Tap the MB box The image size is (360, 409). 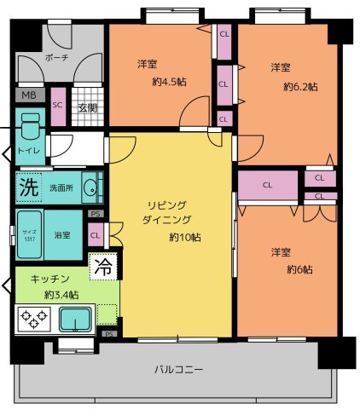pos(29,95)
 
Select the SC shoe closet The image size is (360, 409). pos(59,106)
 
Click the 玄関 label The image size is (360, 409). pos(86,107)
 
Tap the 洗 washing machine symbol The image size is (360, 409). pos(28,187)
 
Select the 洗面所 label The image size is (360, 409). pos(61,187)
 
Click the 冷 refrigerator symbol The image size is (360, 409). pos(103,267)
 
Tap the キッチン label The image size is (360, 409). pos(49,279)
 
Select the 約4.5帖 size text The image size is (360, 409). pos(162,83)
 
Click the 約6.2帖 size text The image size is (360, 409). pos(300,87)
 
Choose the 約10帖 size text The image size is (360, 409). pos(184,236)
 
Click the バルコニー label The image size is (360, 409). pos(179,370)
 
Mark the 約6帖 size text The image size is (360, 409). pos(297,271)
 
